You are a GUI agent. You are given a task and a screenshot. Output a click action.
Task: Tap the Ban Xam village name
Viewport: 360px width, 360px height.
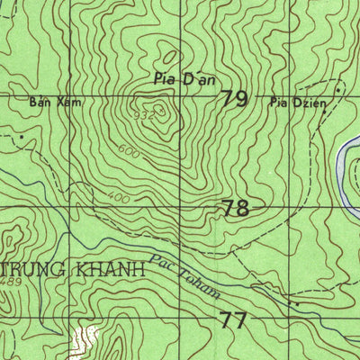pyautogui.click(x=44, y=103)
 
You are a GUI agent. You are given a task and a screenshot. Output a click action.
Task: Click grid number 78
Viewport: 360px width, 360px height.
pyautogui.click(x=236, y=209)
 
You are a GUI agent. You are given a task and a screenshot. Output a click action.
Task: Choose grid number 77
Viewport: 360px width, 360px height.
pyautogui.click(x=232, y=319)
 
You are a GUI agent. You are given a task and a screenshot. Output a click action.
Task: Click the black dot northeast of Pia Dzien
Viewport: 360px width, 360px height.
pyautogui.click(x=339, y=91)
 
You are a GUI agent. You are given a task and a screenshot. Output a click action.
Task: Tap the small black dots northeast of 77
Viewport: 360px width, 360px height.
pyautogui.click(x=292, y=304)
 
